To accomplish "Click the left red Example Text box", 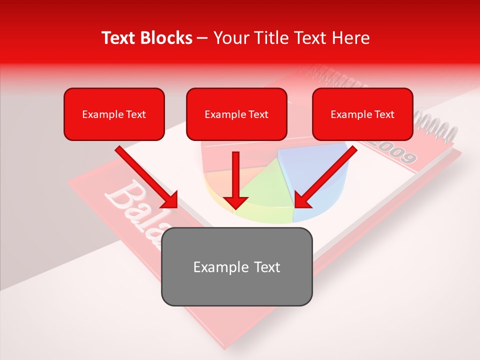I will (x=114, y=114).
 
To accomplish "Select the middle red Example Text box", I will (x=236, y=114).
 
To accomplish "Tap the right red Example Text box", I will (x=362, y=114).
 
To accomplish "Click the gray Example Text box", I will (x=236, y=266).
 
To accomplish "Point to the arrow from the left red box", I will (x=145, y=176).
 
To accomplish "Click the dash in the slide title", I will (x=202, y=38).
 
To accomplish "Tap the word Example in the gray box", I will (x=213, y=267).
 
